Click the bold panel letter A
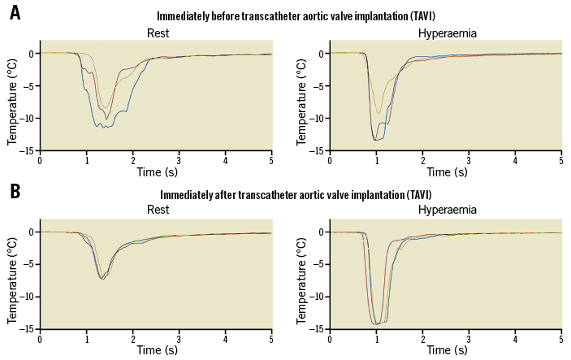tap(15, 15)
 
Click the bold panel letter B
tap(15, 193)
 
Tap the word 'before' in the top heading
tap(252, 16)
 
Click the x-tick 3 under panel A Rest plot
tap(179, 159)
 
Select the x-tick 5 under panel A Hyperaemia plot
tap(561, 159)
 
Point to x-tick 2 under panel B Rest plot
tap(132, 337)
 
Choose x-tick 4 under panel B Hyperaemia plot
tap(515, 337)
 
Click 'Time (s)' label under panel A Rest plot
tap(155, 172)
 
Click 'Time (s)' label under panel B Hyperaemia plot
tap(445, 350)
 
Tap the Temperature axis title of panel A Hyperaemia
tap(302, 102)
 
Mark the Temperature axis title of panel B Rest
tap(12, 280)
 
